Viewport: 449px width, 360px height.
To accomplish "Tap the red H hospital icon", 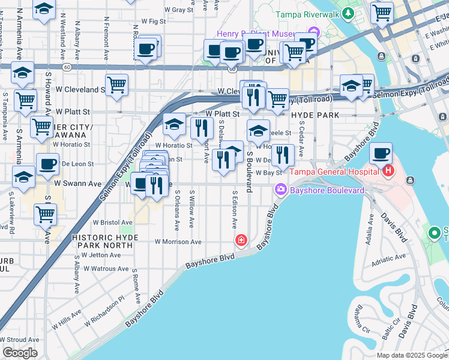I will [x=388, y=172].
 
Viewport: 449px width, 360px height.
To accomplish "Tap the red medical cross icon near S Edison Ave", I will [x=241, y=241].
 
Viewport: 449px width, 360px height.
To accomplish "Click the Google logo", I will [x=20, y=353].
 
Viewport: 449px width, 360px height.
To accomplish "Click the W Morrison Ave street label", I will [x=178, y=242].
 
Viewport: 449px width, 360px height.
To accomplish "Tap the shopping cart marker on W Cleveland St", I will [x=116, y=85].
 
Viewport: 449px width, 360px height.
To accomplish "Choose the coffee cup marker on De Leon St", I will [x=47, y=164].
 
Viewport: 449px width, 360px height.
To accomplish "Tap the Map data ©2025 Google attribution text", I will [x=411, y=355].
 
